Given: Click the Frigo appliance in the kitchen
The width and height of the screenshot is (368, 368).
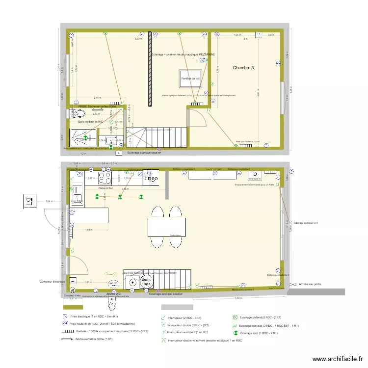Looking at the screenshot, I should [x=150, y=179].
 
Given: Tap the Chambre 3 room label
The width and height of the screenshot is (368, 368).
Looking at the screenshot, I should [x=243, y=68].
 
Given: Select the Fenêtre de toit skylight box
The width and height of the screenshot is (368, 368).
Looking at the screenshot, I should [x=190, y=78].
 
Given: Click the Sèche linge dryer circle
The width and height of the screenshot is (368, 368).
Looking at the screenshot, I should [x=146, y=282].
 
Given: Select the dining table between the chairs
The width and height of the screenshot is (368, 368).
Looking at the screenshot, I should [x=167, y=226].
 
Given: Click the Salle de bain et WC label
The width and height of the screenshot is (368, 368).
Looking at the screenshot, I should [x=90, y=121].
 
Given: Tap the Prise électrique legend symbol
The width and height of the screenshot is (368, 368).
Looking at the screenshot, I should [x=63, y=317].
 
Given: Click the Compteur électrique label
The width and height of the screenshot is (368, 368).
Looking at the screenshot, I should [x=52, y=282].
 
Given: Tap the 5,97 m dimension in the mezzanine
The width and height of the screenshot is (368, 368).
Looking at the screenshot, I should [x=140, y=39].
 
